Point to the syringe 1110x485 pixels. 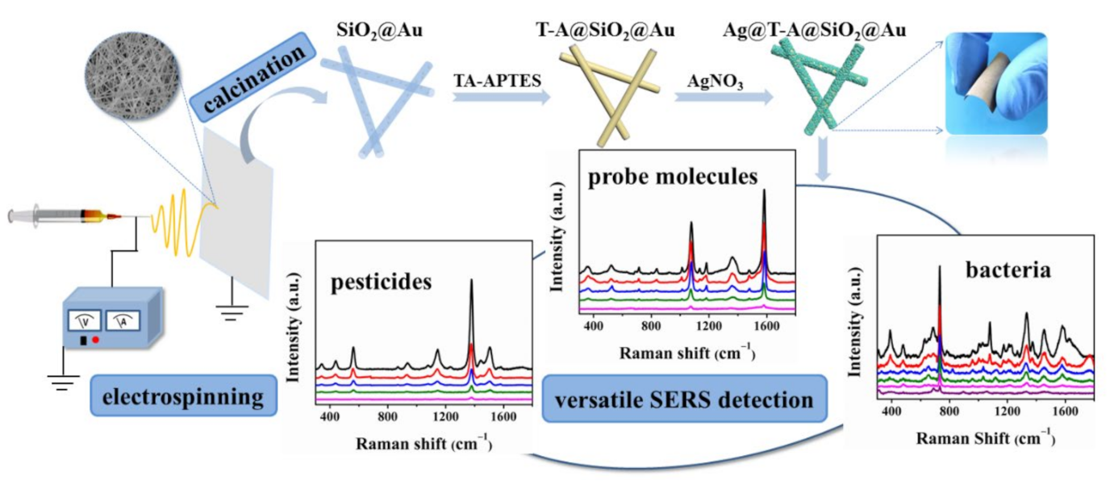[x=61, y=216]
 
